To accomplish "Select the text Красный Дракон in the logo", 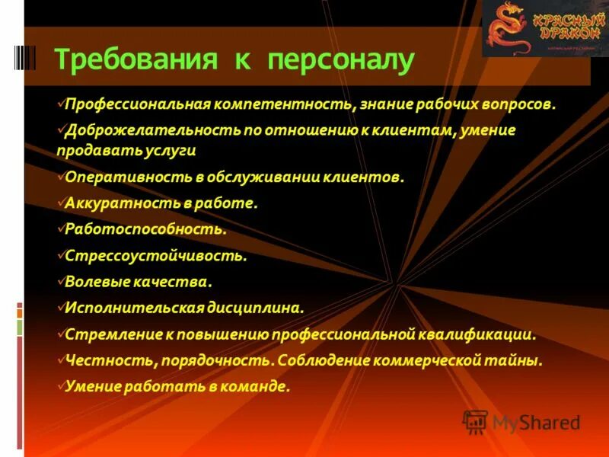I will tap(564, 25).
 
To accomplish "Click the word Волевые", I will tap(94, 282).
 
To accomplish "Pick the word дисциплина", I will tap(255, 308).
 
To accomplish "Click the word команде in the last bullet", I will tap(261, 387).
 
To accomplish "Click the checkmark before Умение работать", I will tap(61, 385).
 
